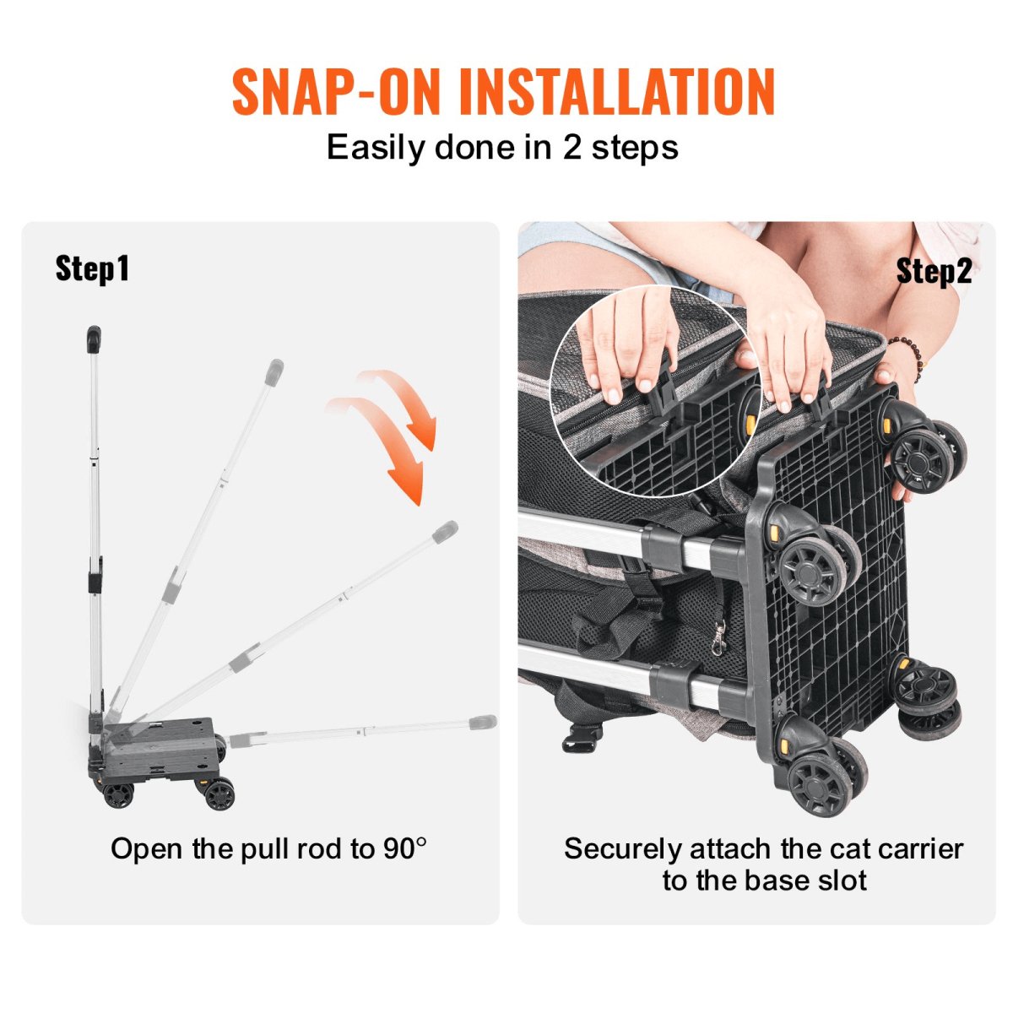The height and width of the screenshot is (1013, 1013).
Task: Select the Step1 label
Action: coord(92,268)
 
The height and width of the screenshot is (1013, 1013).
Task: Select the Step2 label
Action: coord(934,271)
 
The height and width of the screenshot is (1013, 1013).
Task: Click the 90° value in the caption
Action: coord(403,848)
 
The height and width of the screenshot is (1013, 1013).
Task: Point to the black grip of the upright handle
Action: coord(93,339)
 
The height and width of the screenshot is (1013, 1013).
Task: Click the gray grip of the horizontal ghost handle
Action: coord(483,723)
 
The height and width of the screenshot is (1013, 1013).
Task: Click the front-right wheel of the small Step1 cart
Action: coord(219,794)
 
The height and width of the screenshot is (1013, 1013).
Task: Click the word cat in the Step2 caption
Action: coord(794,848)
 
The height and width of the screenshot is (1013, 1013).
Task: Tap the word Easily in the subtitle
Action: coord(375,148)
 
